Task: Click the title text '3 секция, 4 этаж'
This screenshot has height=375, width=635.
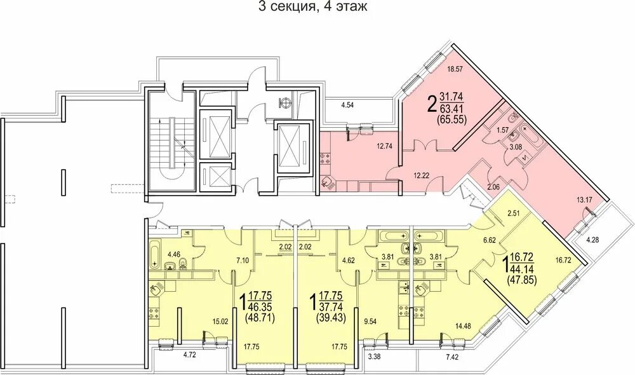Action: [312, 6]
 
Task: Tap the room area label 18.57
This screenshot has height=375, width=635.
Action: [455, 69]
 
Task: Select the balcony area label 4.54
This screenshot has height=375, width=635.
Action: [347, 106]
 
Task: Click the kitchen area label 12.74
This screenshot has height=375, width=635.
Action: [385, 146]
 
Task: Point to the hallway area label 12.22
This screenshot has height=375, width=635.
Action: [422, 175]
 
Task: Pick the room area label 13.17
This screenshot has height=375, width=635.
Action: [585, 199]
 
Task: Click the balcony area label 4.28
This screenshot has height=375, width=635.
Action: [593, 240]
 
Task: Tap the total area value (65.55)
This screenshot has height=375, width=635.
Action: [452, 119]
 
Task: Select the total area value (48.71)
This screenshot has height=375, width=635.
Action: [260, 318]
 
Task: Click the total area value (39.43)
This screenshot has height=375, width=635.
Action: [330, 318]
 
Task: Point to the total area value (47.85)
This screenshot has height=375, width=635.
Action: [523, 279]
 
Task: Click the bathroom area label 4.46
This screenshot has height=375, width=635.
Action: [174, 255]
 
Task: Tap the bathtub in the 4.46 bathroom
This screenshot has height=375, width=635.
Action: [155, 255]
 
